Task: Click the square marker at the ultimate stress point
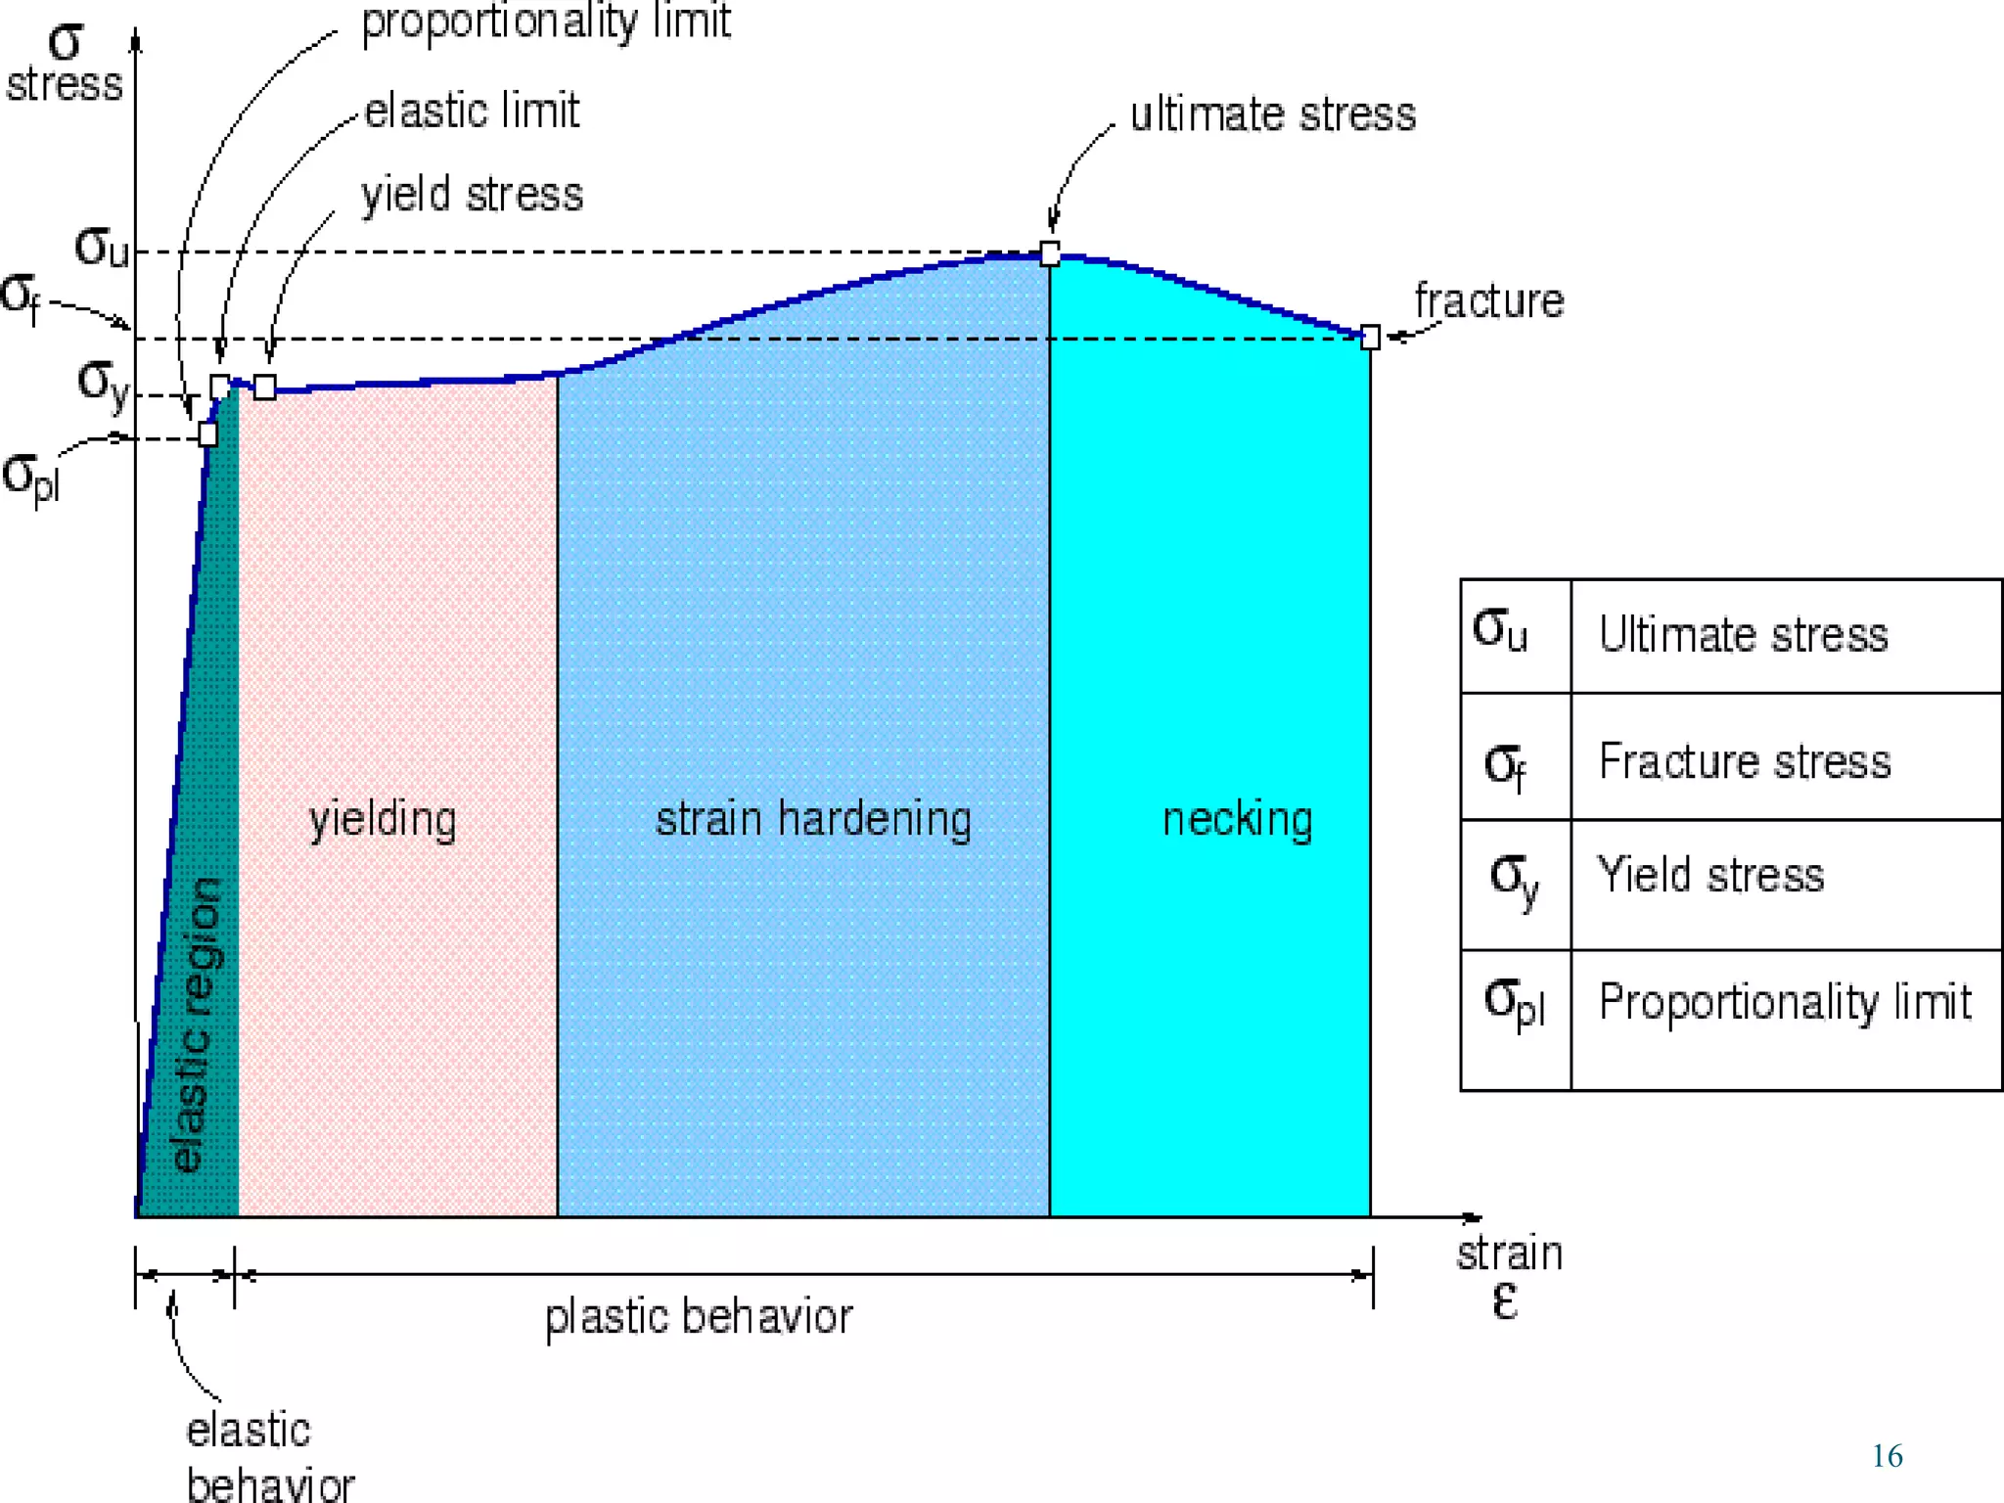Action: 1050,254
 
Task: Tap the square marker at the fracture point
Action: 1370,338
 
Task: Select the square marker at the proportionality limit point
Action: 207,433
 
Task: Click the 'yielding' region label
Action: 383,819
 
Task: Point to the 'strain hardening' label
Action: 813,819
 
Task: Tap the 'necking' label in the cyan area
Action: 1237,819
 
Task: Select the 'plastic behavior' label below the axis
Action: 699,1317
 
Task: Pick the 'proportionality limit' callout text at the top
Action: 546,22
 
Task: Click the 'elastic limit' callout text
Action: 472,111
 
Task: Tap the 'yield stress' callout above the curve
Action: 472,195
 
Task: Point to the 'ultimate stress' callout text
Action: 1273,114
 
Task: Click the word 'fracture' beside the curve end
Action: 1488,300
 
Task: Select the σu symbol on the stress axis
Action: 102,247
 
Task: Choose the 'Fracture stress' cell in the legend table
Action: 1745,761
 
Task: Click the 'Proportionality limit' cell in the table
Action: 1784,1002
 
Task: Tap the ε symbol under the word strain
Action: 1505,1301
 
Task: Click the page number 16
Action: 1887,1456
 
